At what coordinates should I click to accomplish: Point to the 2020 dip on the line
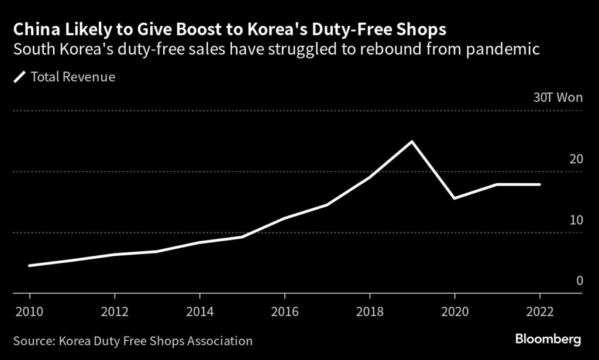pyautogui.click(x=454, y=198)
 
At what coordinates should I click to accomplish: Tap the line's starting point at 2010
pyautogui.click(x=29, y=265)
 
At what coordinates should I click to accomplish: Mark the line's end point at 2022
pyautogui.click(x=539, y=184)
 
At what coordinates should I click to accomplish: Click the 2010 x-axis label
pyautogui.click(x=28, y=311)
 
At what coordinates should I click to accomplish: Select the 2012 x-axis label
pyautogui.click(x=113, y=311)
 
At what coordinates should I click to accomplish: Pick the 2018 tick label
pyautogui.click(x=369, y=311)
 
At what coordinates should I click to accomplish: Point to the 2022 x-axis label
pyautogui.click(x=539, y=311)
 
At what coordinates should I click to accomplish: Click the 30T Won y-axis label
pyautogui.click(x=557, y=98)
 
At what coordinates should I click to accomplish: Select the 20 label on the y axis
pyautogui.click(x=576, y=159)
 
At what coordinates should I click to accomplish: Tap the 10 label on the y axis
pyautogui.click(x=576, y=220)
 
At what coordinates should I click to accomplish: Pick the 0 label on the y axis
pyautogui.click(x=579, y=281)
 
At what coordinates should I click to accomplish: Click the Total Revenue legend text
pyautogui.click(x=73, y=77)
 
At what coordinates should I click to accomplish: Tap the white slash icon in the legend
pyautogui.click(x=20, y=77)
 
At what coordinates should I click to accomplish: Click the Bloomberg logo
pyautogui.click(x=548, y=340)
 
